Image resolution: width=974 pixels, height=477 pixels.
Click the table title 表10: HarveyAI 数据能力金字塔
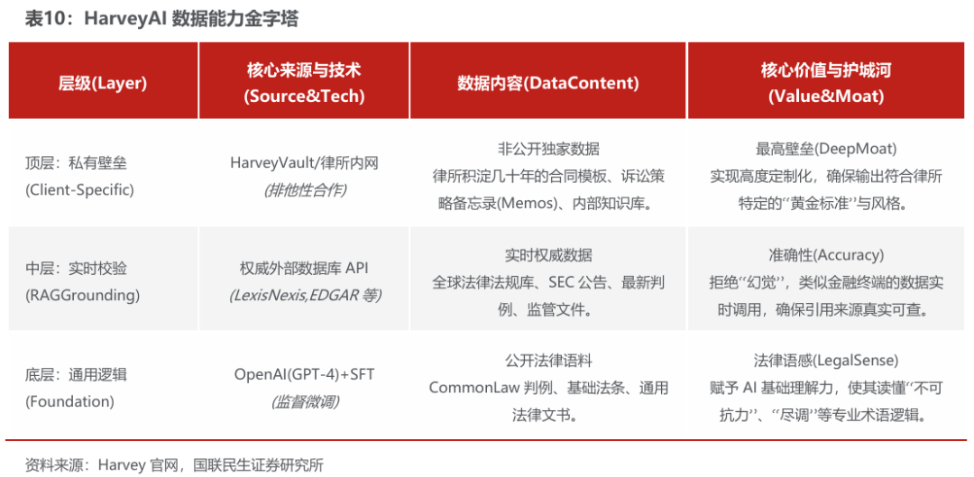[161, 19]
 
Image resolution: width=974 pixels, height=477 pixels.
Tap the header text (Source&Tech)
[305, 96]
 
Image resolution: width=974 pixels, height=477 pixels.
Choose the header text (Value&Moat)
[826, 96]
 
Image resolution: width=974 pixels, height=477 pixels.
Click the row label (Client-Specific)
[79, 190]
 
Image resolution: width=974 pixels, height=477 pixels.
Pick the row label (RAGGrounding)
[83, 296]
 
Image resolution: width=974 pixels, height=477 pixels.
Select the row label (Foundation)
[69, 401]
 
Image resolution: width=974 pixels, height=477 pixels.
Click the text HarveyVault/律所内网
[305, 163]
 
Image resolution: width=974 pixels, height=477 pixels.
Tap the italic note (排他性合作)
[305, 190]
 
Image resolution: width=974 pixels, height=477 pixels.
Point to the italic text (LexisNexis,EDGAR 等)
[305, 296]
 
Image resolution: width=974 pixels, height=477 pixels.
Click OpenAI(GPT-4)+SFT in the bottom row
[305, 374]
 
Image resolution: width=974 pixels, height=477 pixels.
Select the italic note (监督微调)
[305, 401]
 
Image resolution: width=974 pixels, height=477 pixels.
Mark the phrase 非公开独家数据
[548, 150]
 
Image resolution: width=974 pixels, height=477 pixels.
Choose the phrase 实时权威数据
[548, 255]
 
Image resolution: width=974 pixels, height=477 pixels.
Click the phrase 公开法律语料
[548, 361]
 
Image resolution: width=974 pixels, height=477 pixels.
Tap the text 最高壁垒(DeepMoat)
[826, 150]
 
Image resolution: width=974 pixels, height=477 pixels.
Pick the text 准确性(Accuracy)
[826, 255]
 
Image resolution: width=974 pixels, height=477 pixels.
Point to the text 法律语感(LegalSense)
[826, 361]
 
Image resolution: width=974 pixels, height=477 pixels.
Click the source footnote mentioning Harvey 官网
[175, 464]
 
